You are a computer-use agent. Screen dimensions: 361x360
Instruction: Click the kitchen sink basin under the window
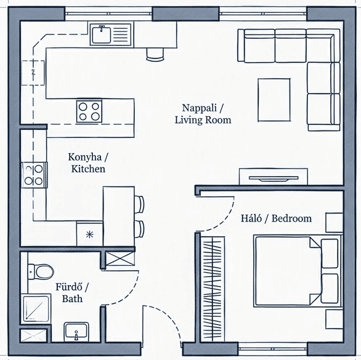click(x=101, y=35)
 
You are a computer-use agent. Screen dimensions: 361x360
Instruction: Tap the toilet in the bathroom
click(x=41, y=271)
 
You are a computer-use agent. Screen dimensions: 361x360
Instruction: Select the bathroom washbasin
click(x=76, y=331)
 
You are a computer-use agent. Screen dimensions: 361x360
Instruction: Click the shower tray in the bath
click(x=36, y=308)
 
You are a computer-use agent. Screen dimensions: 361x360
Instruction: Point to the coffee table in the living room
click(x=274, y=100)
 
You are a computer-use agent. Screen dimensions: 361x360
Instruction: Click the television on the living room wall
click(x=274, y=178)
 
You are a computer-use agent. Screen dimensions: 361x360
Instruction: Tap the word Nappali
click(x=200, y=108)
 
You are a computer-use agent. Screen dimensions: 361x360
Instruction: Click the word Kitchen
click(x=88, y=169)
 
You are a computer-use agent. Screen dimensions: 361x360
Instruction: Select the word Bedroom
click(x=291, y=218)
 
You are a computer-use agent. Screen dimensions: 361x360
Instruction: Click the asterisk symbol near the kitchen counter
click(x=89, y=234)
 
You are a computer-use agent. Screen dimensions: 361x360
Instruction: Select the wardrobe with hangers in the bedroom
click(x=212, y=289)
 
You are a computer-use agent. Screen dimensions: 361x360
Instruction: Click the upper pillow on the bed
click(x=330, y=254)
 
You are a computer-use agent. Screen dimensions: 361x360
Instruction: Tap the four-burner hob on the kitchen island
click(x=89, y=111)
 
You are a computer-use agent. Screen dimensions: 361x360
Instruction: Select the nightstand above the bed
click(x=335, y=222)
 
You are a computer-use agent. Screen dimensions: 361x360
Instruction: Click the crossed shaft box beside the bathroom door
click(x=120, y=258)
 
